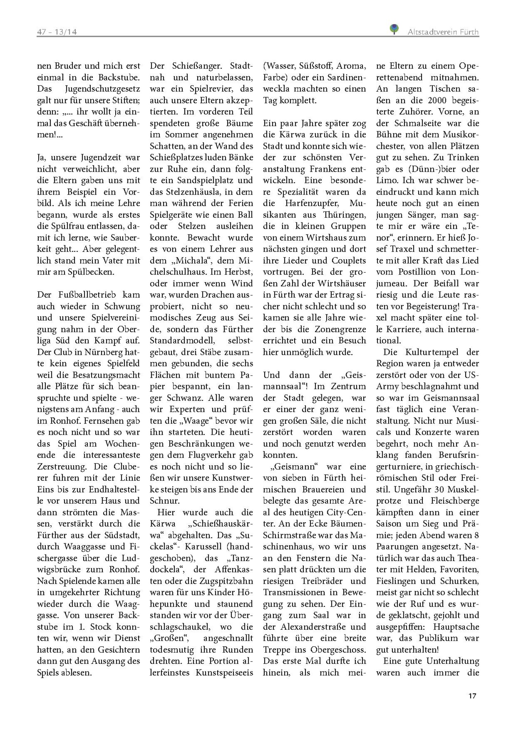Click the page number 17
472,695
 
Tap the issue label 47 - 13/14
57,32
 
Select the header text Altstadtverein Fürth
443,32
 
